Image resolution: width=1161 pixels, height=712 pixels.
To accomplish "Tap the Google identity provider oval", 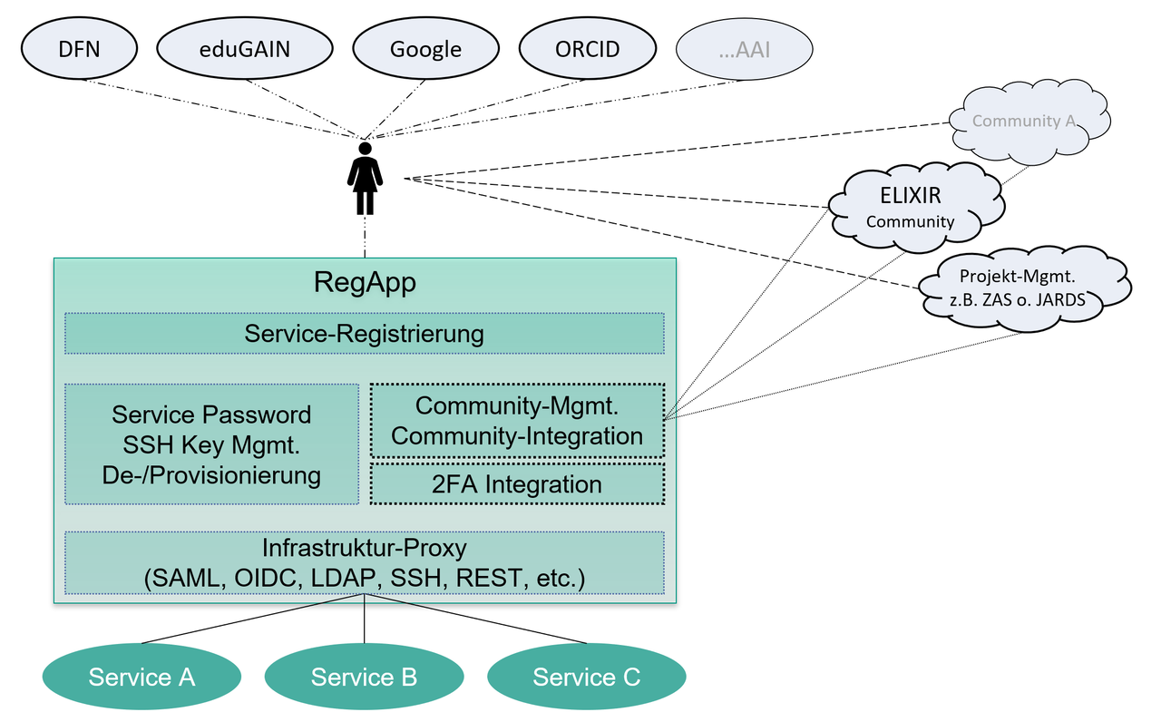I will [425, 49].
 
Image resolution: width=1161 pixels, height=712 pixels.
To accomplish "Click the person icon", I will [365, 178].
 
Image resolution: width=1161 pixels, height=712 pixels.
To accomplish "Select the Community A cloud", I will [1029, 121].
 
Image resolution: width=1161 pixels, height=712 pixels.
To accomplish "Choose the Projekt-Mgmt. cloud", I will [1022, 286].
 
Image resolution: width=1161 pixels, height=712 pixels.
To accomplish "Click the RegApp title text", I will [365, 283].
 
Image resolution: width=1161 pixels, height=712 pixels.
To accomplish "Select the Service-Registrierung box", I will [364, 333].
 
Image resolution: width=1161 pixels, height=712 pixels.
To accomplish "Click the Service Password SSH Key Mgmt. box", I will [211, 444].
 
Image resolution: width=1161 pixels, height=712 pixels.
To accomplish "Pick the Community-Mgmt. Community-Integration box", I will [517, 420].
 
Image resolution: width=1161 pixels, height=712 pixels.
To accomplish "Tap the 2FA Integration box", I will [517, 484].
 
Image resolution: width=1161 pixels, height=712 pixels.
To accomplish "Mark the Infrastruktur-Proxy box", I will [364, 562].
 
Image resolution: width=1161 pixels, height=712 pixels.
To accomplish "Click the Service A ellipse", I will [141, 677].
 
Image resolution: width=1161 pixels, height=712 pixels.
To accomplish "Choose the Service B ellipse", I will [364, 677].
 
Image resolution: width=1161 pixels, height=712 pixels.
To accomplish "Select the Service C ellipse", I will [586, 677].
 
